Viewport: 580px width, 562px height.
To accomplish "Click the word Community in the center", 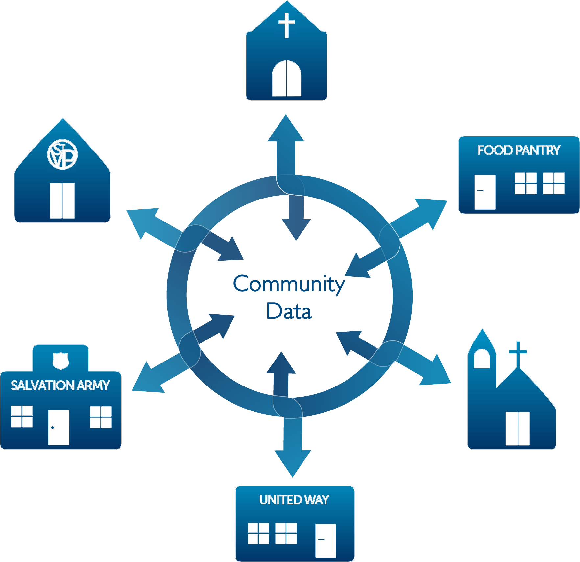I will [x=289, y=284].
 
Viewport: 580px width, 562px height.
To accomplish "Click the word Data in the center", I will [x=289, y=311].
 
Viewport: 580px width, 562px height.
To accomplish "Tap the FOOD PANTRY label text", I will [x=519, y=150].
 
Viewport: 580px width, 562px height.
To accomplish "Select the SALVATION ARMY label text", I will [x=60, y=385].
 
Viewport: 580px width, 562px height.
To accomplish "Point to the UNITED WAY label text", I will [x=294, y=500].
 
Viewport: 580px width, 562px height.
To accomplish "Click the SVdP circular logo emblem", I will [x=62, y=154].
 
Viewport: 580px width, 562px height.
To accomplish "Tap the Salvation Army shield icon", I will [x=60, y=361].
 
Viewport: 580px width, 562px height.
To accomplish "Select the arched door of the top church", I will [x=286, y=79].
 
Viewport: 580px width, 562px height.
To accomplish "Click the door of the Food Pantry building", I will [x=485, y=192].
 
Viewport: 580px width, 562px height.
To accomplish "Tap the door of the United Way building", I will [x=326, y=540].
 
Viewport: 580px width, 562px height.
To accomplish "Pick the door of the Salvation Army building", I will [x=59, y=427].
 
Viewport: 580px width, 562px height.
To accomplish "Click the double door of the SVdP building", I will [x=62, y=200].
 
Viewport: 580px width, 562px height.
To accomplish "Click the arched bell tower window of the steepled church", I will [x=481, y=359].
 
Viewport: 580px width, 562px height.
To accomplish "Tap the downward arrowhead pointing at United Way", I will [x=292, y=462].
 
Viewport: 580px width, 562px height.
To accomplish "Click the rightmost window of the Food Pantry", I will [x=554, y=183].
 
